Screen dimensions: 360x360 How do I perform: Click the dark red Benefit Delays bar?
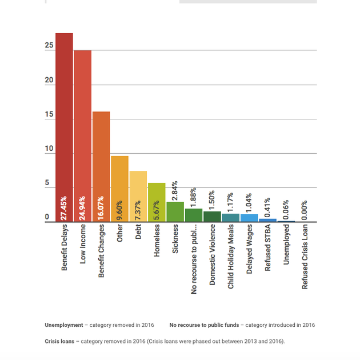point(64,127)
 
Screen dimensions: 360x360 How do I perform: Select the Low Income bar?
point(83,136)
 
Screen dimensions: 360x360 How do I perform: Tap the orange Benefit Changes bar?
point(101,167)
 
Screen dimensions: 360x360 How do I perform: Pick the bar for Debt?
point(138,197)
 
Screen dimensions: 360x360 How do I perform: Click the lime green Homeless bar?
point(157,202)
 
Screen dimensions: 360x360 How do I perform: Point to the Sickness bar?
point(175,212)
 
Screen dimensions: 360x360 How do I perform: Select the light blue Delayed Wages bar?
point(249,218)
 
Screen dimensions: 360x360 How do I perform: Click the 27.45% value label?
point(63,208)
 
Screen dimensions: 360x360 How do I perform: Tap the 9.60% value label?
point(119,210)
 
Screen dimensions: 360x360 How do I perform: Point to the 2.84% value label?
point(174,190)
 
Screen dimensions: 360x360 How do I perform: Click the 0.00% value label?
point(304,210)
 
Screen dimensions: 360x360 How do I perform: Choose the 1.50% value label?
point(211,200)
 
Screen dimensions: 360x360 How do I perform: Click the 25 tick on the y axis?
point(49,45)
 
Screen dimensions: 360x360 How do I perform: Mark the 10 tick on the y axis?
point(49,149)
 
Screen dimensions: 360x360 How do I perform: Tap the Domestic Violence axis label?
point(212,255)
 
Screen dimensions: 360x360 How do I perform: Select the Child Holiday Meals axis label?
point(230,257)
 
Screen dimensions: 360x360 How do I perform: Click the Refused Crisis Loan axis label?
point(305,257)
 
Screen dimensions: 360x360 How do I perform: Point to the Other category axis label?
point(119,233)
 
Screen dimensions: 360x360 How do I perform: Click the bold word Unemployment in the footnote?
point(64,325)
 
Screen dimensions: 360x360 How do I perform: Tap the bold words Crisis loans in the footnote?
point(59,341)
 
